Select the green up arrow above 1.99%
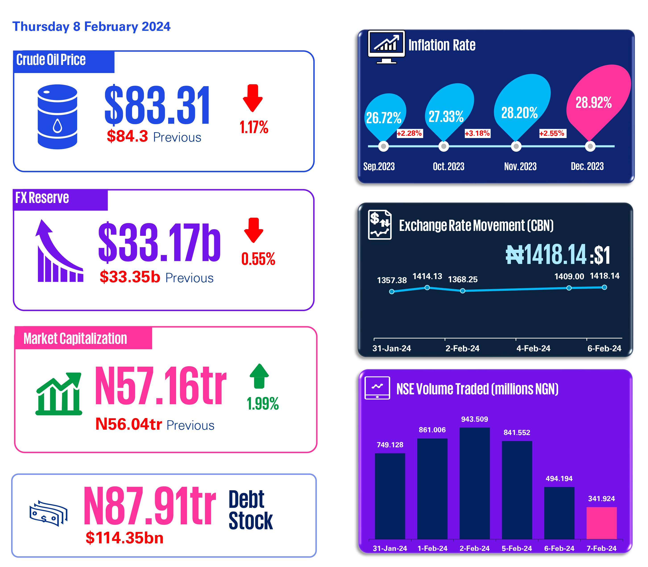click(259, 376)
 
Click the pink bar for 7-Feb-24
click(601, 523)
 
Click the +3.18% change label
click(477, 133)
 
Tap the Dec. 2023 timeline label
click(587, 166)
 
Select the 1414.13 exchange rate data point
click(427, 288)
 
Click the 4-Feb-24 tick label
click(533, 348)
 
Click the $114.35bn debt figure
click(124, 538)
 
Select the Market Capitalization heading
click(75, 339)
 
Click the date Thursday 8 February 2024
click(91, 27)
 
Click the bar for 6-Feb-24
click(559, 513)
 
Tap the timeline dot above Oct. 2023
click(444, 146)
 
